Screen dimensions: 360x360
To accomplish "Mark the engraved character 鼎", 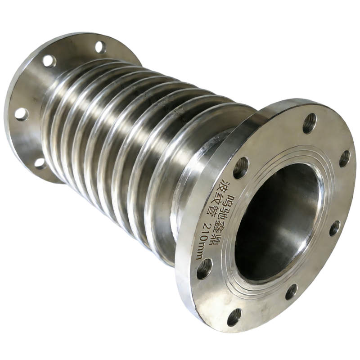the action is (215, 238).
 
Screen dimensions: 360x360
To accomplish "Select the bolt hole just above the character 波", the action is (241, 167).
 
